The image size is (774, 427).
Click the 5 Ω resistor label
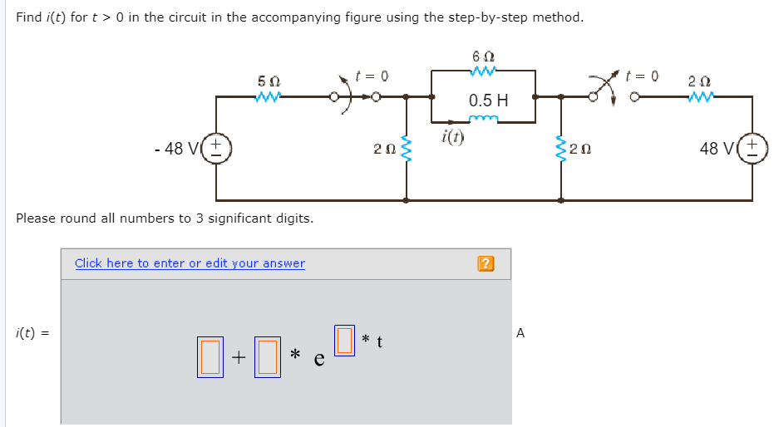click(x=269, y=82)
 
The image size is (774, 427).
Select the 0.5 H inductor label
click(x=488, y=101)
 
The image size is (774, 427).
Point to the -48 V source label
click(x=177, y=149)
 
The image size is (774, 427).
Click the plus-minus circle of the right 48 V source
click(x=755, y=150)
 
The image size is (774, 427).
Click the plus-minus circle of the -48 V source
click(x=218, y=150)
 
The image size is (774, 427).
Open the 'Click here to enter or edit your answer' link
click(x=190, y=263)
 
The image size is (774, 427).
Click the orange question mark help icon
click(x=486, y=264)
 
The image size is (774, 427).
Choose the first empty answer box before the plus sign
click(x=210, y=356)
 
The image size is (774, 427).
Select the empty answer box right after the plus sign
click(x=266, y=356)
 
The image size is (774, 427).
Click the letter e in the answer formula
click(x=318, y=359)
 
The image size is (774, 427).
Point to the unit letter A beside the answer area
click(x=520, y=333)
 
